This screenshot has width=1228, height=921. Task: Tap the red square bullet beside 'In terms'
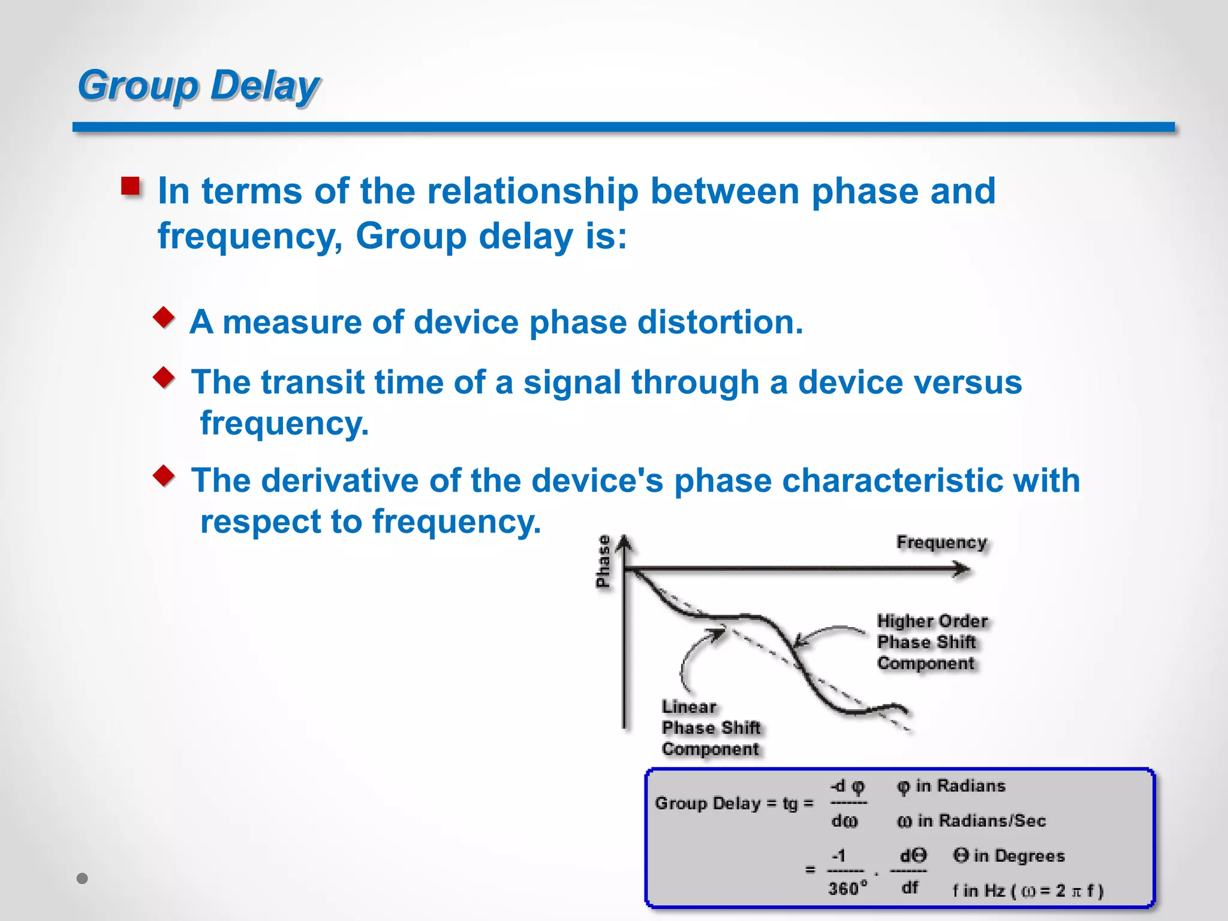tap(130, 186)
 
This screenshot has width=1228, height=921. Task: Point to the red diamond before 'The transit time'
tap(164, 377)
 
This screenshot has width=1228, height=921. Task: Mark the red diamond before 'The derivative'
tap(164, 475)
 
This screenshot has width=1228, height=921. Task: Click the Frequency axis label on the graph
tap(941, 542)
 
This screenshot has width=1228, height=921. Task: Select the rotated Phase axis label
tap(603, 561)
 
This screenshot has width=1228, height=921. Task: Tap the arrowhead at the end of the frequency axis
tap(962, 568)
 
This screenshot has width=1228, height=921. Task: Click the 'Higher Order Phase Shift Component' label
tap(931, 642)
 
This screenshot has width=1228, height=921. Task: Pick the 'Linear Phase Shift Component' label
tap(710, 728)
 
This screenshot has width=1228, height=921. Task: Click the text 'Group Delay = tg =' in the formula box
tap(734, 803)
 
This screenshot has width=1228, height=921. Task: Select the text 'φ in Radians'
tap(951, 786)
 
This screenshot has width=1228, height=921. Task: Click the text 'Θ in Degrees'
tap(1009, 856)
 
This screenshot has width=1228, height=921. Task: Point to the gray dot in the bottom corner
tap(83, 878)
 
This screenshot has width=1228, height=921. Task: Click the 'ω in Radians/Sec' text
tap(971, 821)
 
